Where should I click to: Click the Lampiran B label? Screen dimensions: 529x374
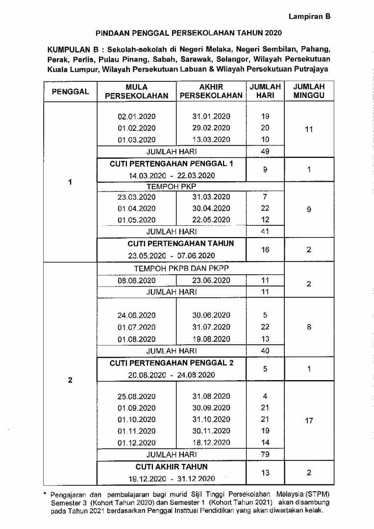[x=309, y=16]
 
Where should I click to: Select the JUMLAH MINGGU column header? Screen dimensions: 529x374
[x=309, y=91]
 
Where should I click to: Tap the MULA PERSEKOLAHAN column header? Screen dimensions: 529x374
[x=136, y=91]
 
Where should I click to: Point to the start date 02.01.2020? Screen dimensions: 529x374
[x=136, y=116]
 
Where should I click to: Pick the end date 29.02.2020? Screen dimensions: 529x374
[x=211, y=128]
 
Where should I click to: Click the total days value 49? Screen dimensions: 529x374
[x=265, y=151]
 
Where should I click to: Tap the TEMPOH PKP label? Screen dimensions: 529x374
[x=171, y=187]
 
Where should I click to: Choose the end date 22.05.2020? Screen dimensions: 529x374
[x=211, y=220]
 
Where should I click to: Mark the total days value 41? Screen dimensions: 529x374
[x=265, y=232]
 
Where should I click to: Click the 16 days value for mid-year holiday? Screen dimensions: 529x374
[x=265, y=249]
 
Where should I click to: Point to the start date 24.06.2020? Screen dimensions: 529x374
[x=136, y=315]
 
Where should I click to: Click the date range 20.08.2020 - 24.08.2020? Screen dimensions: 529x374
[x=171, y=375]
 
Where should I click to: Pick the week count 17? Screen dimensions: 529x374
[x=309, y=420]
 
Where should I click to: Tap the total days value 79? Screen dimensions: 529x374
[x=265, y=455]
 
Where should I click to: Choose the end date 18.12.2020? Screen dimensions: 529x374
[x=211, y=443]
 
